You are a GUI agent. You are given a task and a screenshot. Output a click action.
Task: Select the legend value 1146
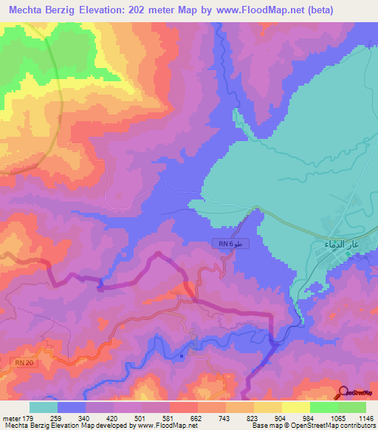pos(366,417)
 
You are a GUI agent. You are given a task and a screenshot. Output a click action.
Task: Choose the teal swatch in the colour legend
pos(44,407)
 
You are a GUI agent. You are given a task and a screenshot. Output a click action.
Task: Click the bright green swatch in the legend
pos(324,407)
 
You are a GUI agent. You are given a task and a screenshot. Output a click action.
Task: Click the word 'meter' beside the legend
pos(11,417)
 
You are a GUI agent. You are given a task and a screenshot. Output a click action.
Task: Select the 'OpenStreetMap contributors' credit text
pos(345,426)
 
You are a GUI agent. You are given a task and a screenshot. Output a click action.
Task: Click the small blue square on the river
pos(182,355)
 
